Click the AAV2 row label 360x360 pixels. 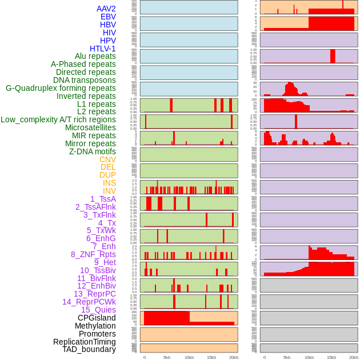tap(106, 9)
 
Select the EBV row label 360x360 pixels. tap(108, 17)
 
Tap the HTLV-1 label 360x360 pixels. tap(103, 49)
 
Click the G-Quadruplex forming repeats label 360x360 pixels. tap(61, 88)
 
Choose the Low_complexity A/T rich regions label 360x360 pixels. tap(58, 119)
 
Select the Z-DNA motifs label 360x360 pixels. tap(93, 151)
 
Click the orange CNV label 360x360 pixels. tap(107, 159)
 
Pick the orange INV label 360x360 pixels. tap(109, 191)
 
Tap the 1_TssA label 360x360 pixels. tap(103, 199)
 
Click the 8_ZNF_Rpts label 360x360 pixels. tap(93, 254)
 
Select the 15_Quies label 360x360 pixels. tap(98, 310)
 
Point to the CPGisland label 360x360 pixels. tap(97, 318)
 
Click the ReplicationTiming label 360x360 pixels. tap(85, 342)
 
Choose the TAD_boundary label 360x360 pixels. tap(89, 349)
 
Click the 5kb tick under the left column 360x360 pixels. tap(167, 357)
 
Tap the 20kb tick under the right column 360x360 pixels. tap(354, 357)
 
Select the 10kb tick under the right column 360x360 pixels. tap(309, 357)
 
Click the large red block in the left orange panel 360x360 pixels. tap(166, 317)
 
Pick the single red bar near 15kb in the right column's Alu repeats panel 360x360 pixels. tap(333, 56)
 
